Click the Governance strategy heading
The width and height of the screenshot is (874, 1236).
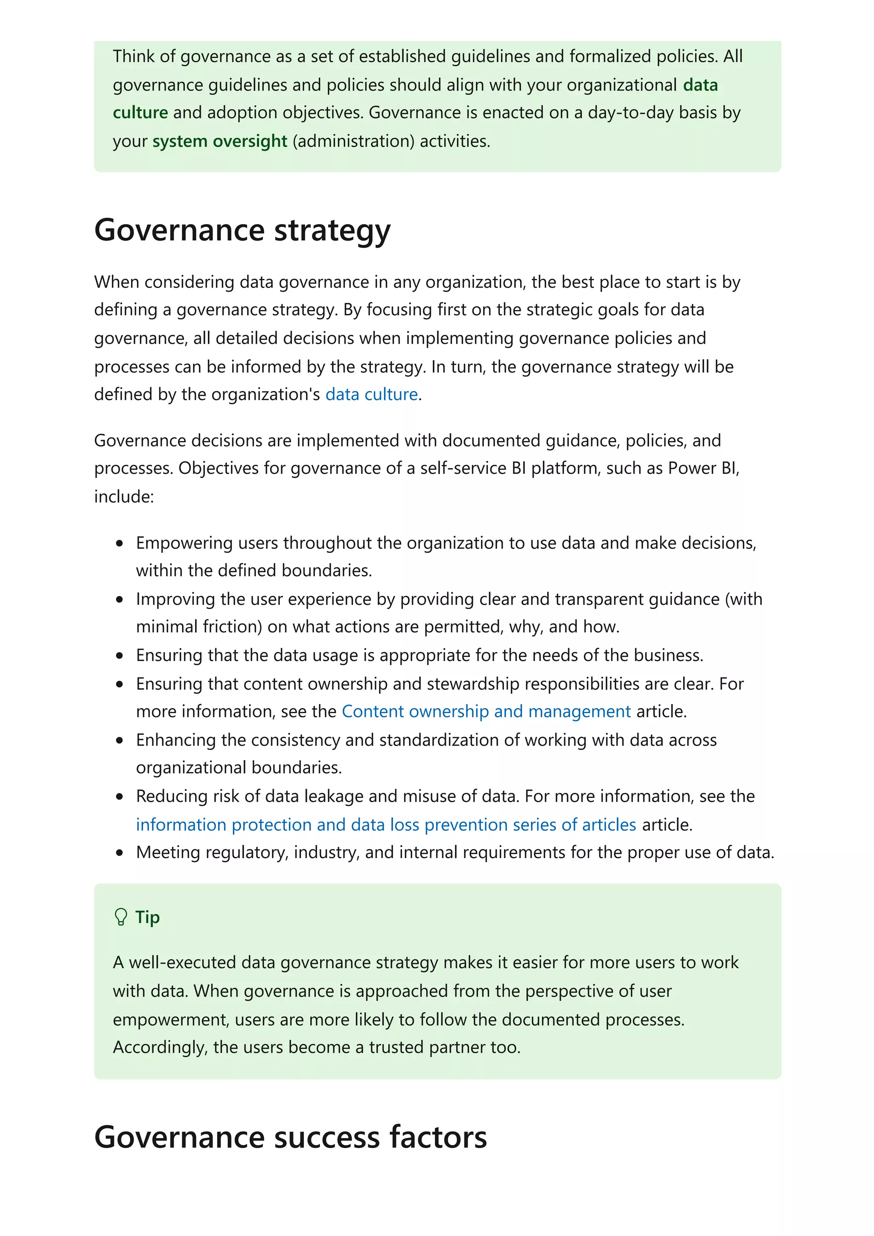click(x=242, y=230)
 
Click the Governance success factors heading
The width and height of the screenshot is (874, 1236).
click(x=290, y=1137)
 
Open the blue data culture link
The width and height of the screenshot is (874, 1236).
click(x=372, y=395)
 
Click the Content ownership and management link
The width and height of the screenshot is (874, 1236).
click(x=486, y=712)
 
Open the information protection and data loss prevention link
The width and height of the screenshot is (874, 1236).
click(x=385, y=825)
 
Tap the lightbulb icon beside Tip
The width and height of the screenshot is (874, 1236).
click(x=121, y=917)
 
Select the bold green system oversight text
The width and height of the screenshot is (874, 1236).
click(x=220, y=141)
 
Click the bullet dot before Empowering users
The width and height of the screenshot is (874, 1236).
click(x=119, y=543)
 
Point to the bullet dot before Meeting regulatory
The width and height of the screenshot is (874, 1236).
click(x=119, y=853)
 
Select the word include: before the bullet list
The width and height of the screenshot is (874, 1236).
click(x=124, y=496)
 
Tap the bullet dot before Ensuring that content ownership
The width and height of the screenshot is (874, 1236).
click(x=119, y=684)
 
